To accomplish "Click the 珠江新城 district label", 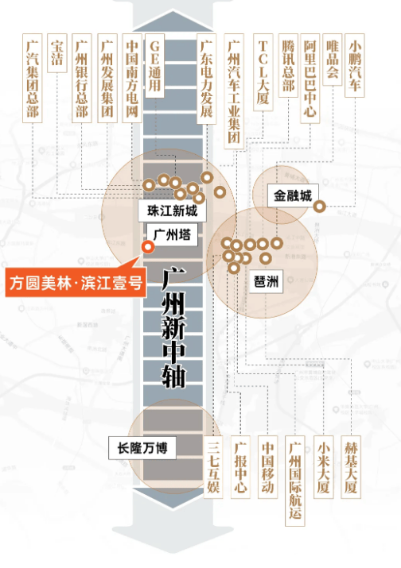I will (172, 212).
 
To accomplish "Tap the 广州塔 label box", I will (170, 234).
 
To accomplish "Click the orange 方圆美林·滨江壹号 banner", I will (74, 282).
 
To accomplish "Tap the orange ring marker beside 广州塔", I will (147, 247).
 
